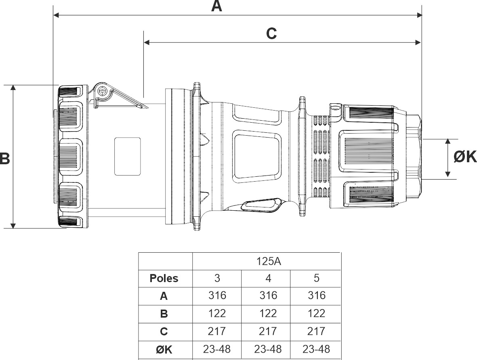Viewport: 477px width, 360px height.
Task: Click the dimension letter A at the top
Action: coord(217,6)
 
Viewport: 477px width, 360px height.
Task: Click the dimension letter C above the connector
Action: coord(271,33)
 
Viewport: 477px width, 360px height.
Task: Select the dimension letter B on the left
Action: coord(5,159)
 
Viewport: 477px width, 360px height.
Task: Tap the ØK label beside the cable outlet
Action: coord(465,157)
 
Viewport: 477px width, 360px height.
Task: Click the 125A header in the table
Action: coord(268,261)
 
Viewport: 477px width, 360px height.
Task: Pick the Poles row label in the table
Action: coord(164,278)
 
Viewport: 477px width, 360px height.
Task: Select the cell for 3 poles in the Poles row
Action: coord(217,278)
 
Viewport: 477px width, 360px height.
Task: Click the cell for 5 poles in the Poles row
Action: coord(316,278)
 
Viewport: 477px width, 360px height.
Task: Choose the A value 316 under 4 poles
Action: coord(268,296)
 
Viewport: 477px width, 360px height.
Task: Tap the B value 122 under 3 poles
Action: coord(217,314)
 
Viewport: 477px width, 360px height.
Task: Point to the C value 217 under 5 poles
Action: coord(316,331)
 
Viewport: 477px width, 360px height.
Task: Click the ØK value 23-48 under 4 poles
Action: coord(268,349)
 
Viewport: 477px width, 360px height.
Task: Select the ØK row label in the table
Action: coord(164,350)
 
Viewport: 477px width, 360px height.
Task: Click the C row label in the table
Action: coord(164,332)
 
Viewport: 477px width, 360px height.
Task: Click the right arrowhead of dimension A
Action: coord(419,15)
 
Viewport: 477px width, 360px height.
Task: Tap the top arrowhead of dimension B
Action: coord(14,88)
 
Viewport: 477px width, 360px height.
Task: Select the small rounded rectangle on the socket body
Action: coord(127,156)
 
